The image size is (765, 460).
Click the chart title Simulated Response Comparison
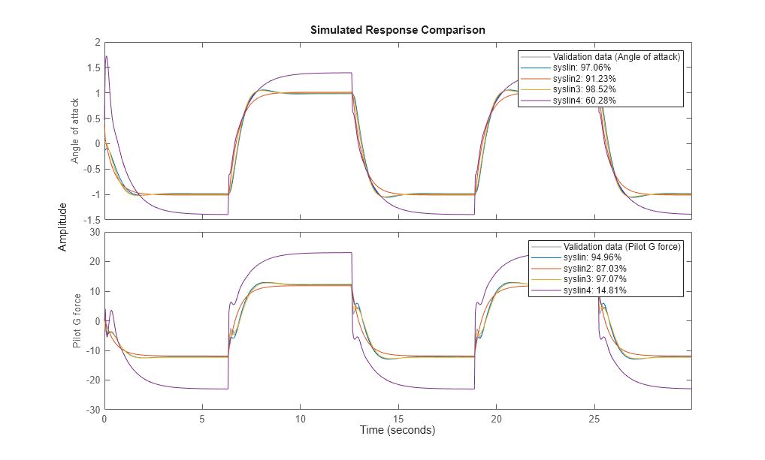398,30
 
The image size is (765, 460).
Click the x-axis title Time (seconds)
398,431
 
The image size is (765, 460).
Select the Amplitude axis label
63,226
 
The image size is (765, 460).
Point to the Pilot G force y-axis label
77,320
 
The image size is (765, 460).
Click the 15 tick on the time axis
398,417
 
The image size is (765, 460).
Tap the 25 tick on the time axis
594,417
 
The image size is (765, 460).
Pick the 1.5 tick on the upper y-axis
93,68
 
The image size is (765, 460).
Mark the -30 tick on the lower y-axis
92,410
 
